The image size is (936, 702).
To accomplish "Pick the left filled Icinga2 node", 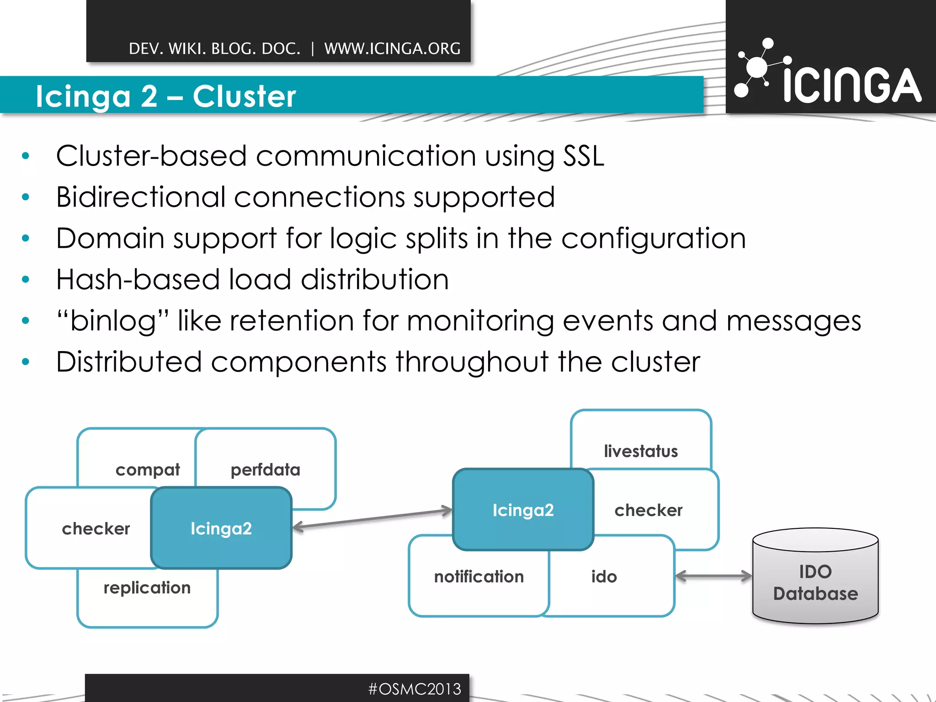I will coord(221,528).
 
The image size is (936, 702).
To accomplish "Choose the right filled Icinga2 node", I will coord(523,510).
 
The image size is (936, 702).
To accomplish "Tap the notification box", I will coord(479,577).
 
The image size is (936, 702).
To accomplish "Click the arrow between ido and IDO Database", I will coord(713,576).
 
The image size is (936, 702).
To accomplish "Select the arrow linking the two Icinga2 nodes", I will coord(372,519).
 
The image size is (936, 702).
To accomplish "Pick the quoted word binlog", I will coord(113,321).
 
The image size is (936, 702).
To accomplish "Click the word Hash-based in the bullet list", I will coord(138,279).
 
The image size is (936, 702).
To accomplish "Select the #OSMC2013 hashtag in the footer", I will coord(415,689).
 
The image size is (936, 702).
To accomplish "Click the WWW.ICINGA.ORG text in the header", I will coord(392,48).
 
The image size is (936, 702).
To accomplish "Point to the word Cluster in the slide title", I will coord(244,96).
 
